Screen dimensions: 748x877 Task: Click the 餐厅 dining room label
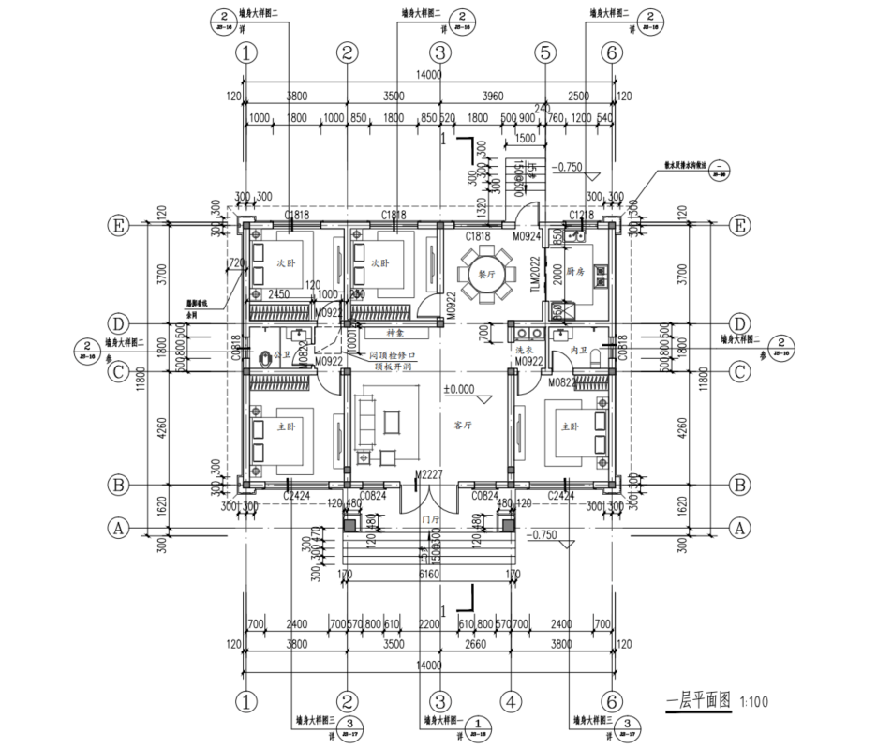point(485,276)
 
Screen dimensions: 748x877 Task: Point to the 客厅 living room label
point(463,425)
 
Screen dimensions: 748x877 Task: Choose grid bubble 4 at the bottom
point(511,700)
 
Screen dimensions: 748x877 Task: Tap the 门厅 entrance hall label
point(431,519)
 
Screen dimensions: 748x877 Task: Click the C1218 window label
point(581,217)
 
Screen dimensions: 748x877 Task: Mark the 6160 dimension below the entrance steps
point(427,573)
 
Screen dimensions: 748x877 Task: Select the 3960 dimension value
point(491,97)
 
